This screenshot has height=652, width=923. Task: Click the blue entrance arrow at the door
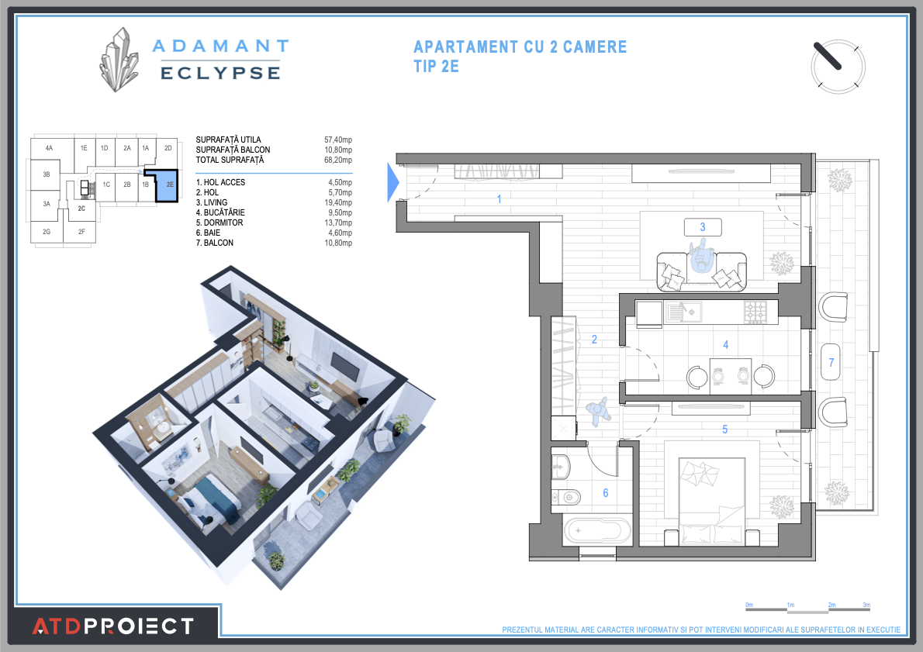[392, 182]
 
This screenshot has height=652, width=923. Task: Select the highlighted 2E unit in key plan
[168, 185]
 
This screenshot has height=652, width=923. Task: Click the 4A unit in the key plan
[48, 147]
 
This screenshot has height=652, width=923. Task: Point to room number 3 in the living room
[703, 227]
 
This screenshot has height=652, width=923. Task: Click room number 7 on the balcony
[831, 362]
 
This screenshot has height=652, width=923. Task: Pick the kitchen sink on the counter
[685, 312]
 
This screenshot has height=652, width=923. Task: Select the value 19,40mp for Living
[337, 202]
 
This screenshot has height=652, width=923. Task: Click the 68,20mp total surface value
[337, 160]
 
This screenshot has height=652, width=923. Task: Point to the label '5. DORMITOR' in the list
[220, 223]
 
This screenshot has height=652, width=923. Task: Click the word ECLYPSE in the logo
[220, 72]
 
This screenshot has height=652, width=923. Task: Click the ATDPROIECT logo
[112, 626]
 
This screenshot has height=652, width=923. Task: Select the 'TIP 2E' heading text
[437, 67]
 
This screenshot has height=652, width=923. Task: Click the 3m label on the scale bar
[866, 604]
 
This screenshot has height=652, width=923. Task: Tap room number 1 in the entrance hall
[499, 199]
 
